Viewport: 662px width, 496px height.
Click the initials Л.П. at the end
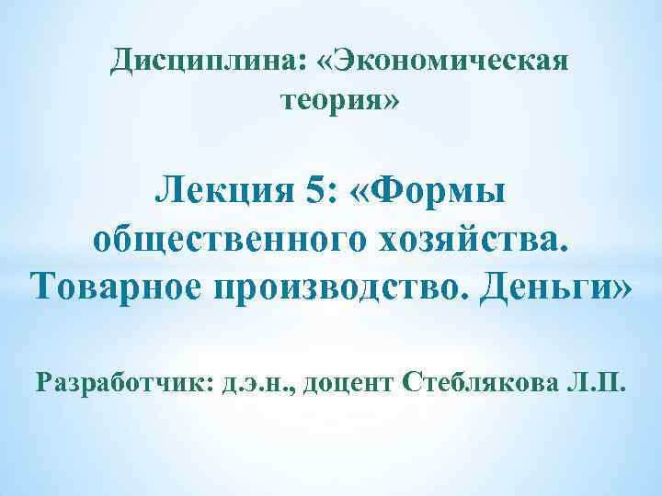click(x=601, y=381)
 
